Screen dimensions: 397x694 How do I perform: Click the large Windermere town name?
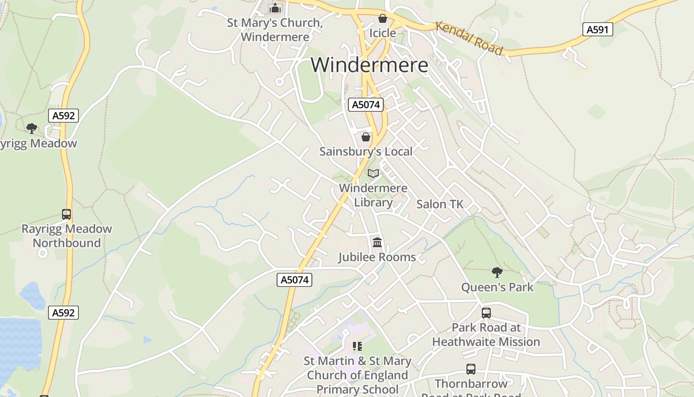coord(369,65)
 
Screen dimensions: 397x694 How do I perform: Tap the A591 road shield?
coord(597,30)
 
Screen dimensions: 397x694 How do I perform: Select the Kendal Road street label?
coord(469,38)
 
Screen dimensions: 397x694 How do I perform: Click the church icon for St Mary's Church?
coord(275,8)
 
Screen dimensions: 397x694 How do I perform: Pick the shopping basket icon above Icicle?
coord(383,18)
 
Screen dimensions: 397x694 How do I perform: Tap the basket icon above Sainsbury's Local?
coord(366,136)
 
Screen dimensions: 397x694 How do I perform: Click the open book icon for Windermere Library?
coord(373,173)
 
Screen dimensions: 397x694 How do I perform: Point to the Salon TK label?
coord(440,204)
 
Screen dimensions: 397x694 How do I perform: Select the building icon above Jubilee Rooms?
coord(377,242)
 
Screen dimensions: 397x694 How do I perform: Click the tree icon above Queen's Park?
coord(497,272)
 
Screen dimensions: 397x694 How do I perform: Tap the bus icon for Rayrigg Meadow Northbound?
coord(66,214)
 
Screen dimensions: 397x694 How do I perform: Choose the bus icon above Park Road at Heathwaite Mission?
coord(486,313)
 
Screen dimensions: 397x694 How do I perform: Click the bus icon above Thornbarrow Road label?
coord(471,369)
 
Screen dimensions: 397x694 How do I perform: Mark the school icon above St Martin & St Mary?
coord(357,346)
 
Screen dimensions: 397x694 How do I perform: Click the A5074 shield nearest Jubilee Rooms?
coord(294,280)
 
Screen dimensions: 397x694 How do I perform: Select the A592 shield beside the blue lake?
coord(64,313)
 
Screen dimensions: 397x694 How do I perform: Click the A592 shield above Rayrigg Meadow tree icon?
coord(64,116)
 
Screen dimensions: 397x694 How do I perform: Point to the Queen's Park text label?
coord(497,287)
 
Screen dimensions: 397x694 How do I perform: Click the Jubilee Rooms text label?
coord(377,257)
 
